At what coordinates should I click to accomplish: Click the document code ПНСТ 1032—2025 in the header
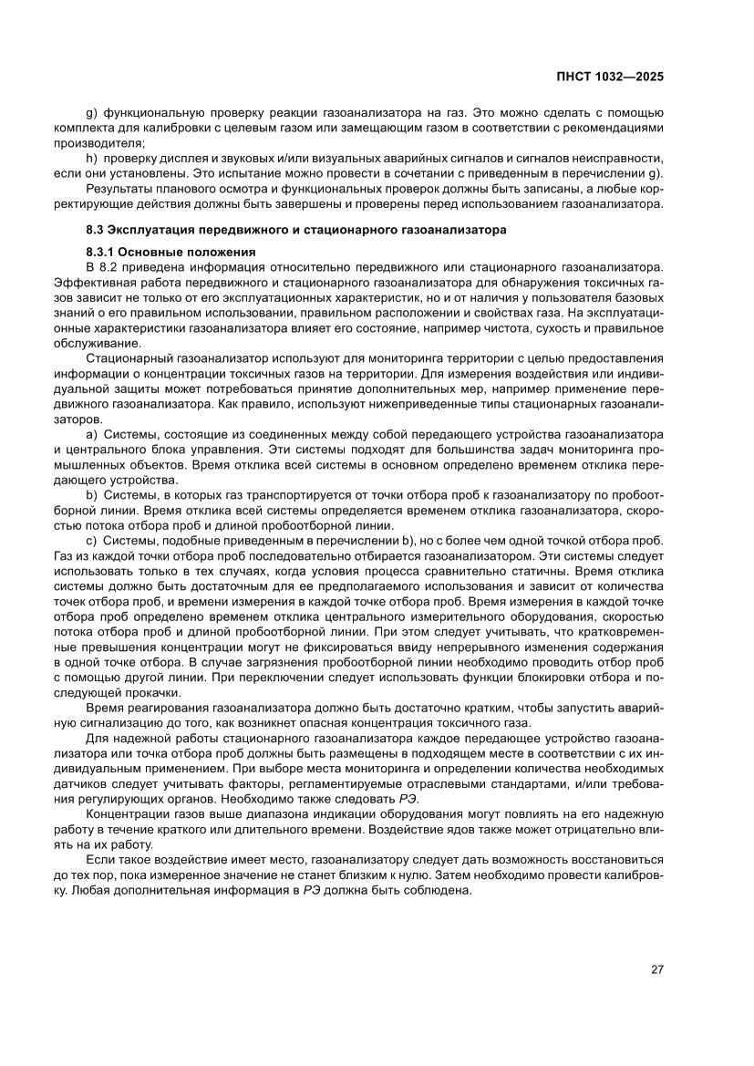click(609, 77)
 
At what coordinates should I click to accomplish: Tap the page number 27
click(656, 969)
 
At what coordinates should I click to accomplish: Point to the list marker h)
click(91, 160)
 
